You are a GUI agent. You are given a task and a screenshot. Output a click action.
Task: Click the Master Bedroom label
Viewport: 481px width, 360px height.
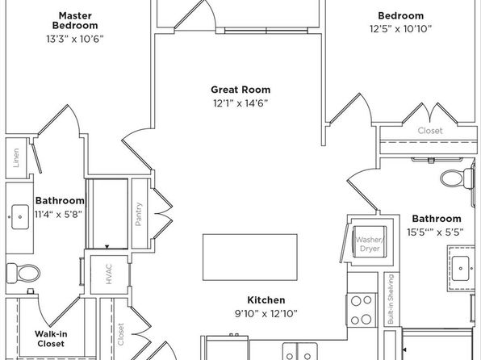(75, 20)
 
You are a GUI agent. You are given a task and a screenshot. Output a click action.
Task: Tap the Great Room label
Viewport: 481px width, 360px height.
(240, 90)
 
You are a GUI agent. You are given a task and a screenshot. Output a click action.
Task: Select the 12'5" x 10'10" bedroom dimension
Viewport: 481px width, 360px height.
(400, 29)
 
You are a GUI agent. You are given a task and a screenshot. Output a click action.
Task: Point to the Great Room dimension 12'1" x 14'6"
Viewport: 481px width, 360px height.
(240, 103)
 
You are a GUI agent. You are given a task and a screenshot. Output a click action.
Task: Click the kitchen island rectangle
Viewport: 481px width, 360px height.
(250, 257)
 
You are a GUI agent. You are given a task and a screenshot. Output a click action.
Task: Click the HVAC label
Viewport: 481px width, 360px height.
(109, 274)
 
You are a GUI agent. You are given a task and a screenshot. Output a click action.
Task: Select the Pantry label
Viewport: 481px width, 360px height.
(139, 214)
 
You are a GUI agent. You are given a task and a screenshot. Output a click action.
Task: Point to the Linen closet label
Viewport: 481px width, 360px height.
(16, 157)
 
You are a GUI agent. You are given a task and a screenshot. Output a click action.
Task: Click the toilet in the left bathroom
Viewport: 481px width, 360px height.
(23, 273)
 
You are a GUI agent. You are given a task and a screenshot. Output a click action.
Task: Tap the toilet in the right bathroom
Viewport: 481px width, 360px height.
(457, 178)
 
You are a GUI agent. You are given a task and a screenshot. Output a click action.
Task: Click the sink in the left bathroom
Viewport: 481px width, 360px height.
(20, 217)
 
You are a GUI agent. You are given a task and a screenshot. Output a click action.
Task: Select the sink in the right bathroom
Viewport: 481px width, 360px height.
(461, 269)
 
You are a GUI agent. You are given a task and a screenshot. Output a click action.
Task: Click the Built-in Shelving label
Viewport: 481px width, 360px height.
(391, 299)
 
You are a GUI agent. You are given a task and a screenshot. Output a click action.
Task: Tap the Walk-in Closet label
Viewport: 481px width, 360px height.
(51, 338)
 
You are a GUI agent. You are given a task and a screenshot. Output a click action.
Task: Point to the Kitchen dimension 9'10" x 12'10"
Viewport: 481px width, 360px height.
(266, 313)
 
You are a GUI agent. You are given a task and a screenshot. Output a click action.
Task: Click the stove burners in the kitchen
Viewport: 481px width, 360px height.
(362, 310)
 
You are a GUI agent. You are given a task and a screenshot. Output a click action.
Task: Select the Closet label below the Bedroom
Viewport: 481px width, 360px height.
(430, 131)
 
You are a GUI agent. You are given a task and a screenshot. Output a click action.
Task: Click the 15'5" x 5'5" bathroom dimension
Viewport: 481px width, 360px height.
(435, 232)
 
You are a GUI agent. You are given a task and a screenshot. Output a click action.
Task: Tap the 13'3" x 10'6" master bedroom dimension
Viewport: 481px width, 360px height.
(75, 39)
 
